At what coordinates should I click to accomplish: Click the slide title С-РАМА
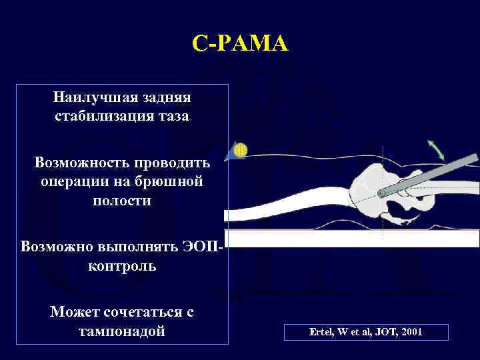(240, 44)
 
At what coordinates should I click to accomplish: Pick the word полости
(122, 200)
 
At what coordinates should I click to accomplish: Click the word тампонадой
(122, 331)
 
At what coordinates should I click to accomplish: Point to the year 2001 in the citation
(411, 331)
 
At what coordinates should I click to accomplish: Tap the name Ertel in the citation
(321, 331)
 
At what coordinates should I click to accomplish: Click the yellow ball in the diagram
(241, 150)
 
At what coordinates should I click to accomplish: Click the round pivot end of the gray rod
(382, 193)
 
